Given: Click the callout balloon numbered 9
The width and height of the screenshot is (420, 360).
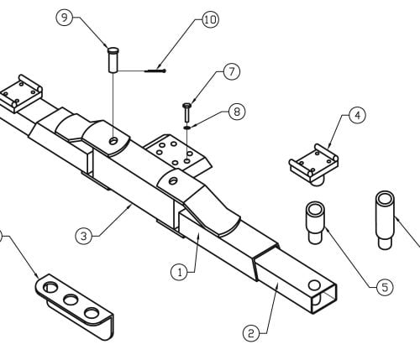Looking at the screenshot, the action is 65,18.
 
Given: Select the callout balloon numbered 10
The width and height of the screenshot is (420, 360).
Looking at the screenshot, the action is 210,20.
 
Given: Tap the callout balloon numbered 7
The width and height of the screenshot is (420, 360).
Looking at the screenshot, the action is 232,72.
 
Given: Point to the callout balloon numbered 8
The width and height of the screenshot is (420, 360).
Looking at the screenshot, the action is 237,112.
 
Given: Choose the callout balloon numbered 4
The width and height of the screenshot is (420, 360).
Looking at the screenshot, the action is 358,115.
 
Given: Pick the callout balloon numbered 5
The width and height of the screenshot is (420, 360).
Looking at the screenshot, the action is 385,287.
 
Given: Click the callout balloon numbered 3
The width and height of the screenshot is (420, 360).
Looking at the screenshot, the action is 84,237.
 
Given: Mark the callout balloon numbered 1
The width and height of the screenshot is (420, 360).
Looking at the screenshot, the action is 180,272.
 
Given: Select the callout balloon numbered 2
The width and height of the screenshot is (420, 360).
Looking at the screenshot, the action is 251,333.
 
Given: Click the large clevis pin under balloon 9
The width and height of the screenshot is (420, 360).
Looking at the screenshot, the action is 113,60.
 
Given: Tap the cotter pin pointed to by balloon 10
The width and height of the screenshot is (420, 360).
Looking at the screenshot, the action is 155,71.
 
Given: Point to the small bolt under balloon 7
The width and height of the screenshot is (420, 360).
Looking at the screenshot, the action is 186,112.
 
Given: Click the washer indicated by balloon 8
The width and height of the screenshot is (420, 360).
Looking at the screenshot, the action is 187,128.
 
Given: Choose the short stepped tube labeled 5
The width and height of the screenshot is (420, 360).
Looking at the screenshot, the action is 315,223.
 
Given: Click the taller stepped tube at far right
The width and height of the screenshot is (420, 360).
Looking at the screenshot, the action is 385,220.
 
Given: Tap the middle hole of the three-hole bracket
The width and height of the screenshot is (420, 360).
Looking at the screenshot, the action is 71,300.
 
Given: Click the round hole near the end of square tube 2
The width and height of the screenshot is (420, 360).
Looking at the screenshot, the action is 314,285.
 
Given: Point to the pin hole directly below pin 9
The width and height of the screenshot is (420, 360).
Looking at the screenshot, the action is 113,141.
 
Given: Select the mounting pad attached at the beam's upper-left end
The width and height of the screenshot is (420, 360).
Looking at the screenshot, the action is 21,94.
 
